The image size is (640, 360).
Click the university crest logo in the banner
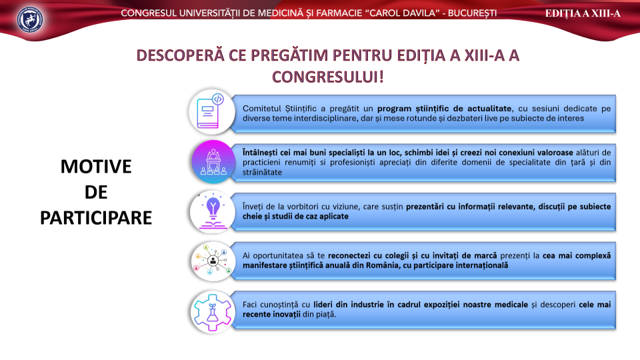tap(30, 19)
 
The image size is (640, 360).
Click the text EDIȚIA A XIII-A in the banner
tap(583, 13)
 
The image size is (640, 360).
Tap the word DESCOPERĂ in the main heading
tap(181, 55)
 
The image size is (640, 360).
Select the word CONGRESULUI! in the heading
tap(328, 77)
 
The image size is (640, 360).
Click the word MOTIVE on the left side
tap(96, 167)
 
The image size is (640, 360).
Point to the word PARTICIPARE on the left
tap(96, 218)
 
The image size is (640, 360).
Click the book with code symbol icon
tap(211, 112)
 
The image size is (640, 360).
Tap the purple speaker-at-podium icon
tap(213, 161)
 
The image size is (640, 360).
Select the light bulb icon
tap(213, 212)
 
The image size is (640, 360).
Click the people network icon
tap(213, 261)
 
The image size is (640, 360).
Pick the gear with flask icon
tap(213, 312)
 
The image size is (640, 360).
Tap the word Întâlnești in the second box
tap(261, 153)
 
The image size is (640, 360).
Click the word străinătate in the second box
tap(262, 172)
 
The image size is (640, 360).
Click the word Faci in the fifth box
tap(250, 305)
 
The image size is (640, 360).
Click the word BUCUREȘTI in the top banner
tap(472, 13)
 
